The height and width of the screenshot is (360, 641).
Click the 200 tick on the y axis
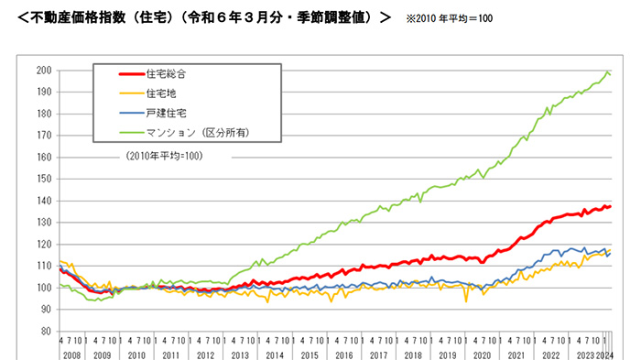click(43, 71)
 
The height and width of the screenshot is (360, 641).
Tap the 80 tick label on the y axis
click(45, 331)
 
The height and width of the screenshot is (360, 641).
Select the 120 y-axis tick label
click(43, 244)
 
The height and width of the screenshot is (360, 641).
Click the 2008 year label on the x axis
click(71, 353)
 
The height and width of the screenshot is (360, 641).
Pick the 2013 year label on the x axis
click(240, 353)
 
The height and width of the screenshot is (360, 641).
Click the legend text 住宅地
click(159, 93)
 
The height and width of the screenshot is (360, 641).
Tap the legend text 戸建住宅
click(165, 113)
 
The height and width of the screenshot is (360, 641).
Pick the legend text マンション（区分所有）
click(198, 133)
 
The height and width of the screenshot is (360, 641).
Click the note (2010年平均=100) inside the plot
click(164, 155)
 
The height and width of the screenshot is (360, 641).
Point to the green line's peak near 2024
click(606, 71)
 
